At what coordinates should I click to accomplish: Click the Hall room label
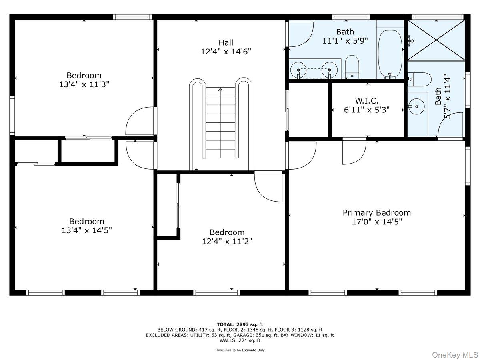(226, 42)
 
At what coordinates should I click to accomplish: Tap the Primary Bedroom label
(376, 213)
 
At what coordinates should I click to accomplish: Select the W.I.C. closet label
(366, 101)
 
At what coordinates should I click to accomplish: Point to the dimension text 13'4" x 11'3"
(84, 84)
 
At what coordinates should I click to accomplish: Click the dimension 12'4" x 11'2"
(227, 242)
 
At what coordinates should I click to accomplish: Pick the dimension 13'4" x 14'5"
(86, 230)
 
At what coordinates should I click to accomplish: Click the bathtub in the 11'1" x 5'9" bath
(390, 54)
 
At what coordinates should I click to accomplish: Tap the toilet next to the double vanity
(352, 67)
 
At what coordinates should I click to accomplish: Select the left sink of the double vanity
(298, 70)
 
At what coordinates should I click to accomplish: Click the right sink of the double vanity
(329, 70)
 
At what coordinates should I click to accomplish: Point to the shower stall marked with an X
(436, 40)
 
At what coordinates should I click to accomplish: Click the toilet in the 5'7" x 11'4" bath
(419, 79)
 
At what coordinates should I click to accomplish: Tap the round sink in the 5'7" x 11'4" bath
(416, 106)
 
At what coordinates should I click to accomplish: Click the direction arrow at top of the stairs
(220, 89)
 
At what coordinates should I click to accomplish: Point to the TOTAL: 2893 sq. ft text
(240, 324)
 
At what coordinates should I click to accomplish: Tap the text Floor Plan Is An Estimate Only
(240, 350)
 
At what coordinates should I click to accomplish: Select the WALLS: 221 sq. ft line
(240, 340)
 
